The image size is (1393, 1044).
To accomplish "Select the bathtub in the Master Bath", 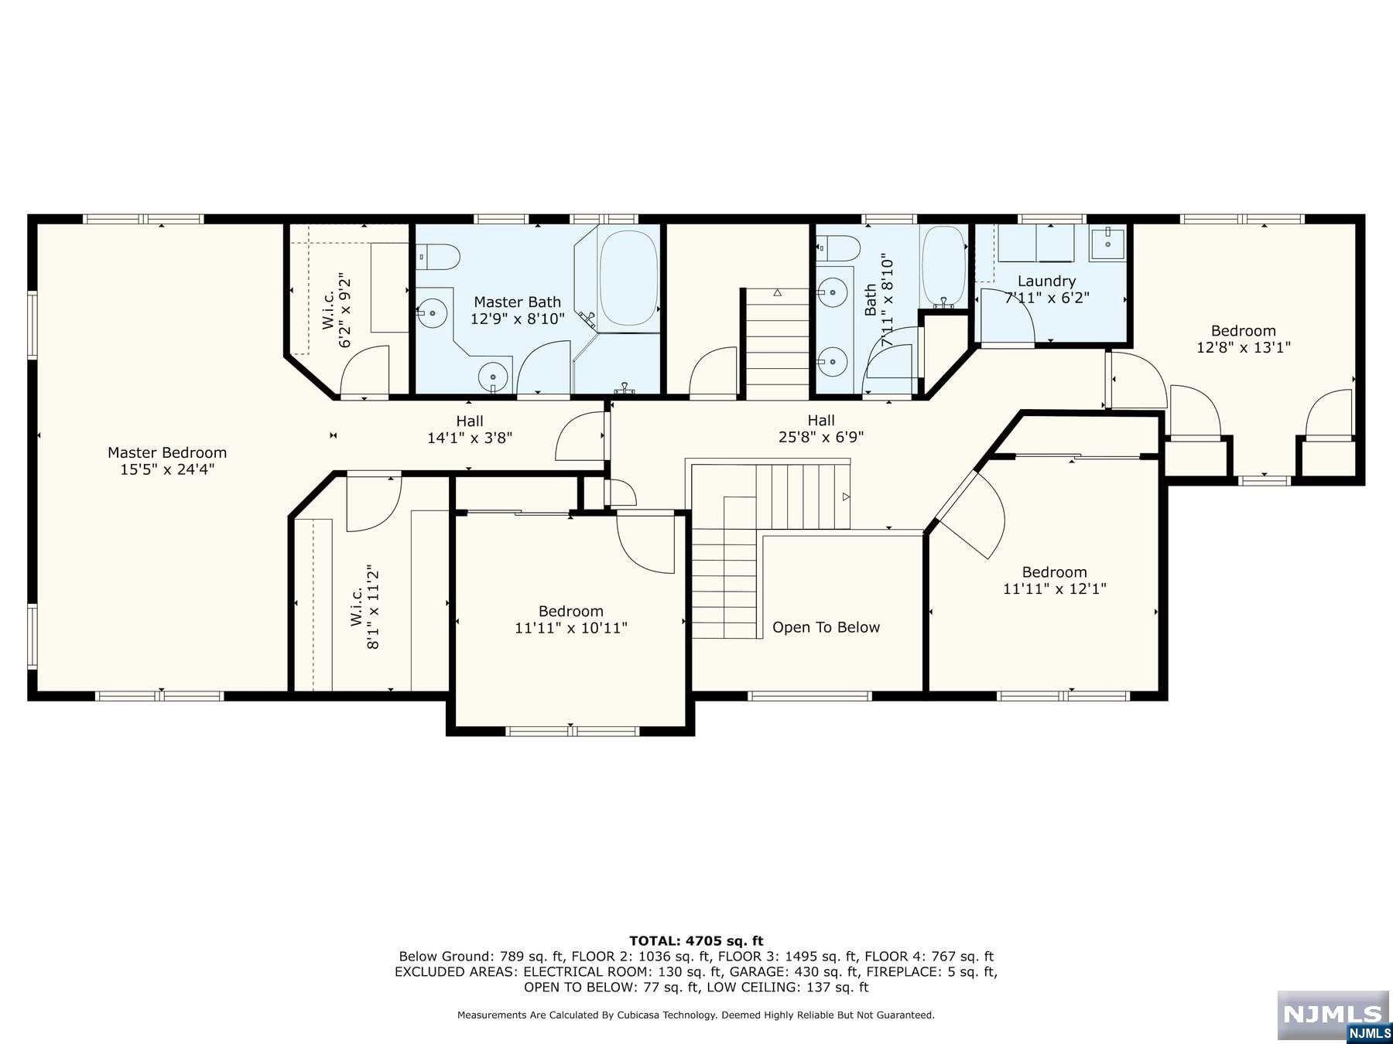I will click(628, 278).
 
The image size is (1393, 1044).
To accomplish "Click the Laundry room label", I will click(1046, 281).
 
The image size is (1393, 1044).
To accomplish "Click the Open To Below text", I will click(826, 627).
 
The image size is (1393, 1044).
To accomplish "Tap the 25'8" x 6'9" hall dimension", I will click(820, 437).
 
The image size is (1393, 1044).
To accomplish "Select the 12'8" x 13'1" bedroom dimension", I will click(1243, 347).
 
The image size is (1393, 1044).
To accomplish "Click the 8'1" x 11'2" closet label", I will click(374, 607).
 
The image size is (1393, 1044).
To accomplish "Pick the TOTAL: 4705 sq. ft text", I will click(696, 941).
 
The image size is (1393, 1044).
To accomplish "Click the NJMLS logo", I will click(1333, 1015).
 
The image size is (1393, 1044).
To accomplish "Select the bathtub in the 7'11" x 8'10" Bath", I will click(944, 265).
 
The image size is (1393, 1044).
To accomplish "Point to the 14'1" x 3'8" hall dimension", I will click(469, 438).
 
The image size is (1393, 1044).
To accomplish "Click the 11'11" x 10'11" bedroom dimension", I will click(570, 628).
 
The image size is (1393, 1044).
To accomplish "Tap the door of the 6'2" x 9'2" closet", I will click(366, 373).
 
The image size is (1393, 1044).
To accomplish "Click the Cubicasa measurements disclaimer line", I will click(696, 1015).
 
